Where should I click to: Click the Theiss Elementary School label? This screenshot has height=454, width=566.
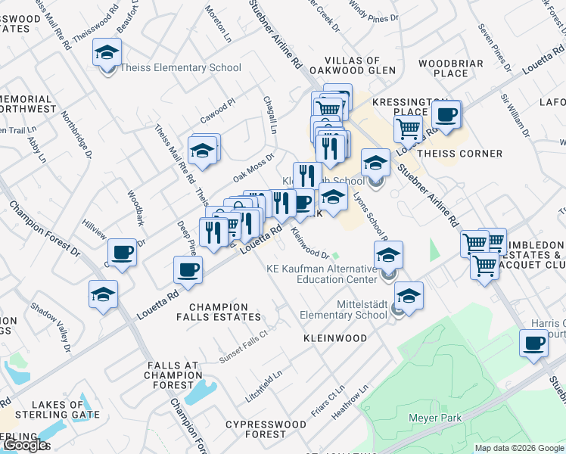(186, 68)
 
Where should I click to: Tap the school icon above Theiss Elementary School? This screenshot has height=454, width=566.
(107, 52)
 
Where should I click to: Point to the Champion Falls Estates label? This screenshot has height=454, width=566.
(225, 312)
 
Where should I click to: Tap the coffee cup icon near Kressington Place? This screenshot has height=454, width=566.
(446, 115)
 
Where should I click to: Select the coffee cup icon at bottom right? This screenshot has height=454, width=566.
(533, 344)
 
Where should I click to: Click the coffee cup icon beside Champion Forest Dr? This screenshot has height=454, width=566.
(122, 253)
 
